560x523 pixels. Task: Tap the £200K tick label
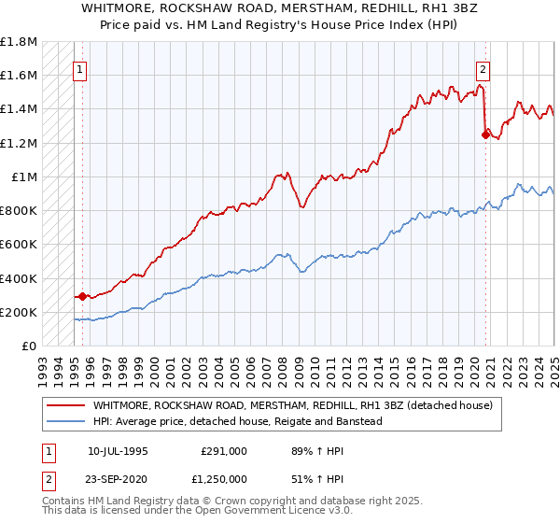(19, 313)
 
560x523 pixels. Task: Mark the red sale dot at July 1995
(82, 297)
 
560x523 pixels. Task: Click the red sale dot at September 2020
(485, 134)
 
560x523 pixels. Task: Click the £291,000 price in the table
(223, 450)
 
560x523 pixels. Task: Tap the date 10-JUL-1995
(118, 450)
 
